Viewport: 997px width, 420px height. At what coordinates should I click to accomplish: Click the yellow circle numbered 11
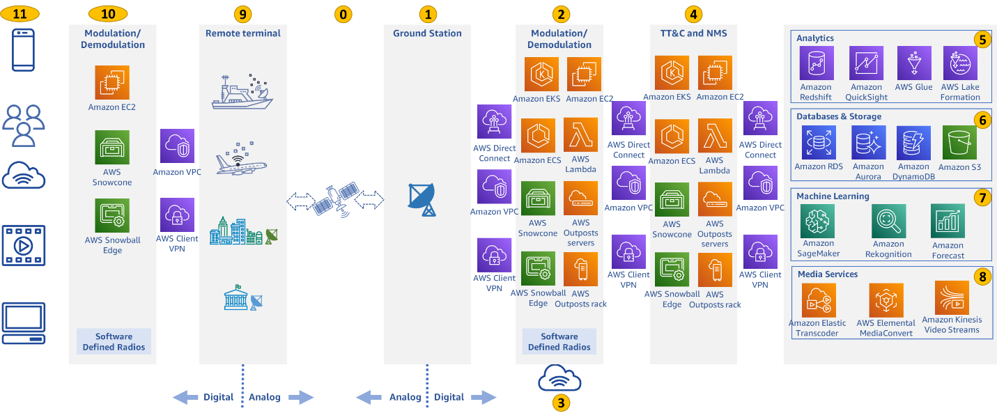coord(24,13)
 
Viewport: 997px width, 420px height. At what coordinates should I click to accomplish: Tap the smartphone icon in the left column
coord(24,49)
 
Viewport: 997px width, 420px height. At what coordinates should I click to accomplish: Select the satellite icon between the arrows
coord(335,200)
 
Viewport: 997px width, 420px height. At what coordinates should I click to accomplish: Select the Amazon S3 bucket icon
coord(959,143)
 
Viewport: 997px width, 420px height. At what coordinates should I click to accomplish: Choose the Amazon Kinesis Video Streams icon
coord(952,298)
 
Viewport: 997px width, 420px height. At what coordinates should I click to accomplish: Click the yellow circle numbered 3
coord(559,402)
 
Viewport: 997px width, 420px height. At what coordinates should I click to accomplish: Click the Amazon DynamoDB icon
coord(913,143)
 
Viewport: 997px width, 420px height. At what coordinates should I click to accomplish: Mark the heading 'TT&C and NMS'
coord(693,33)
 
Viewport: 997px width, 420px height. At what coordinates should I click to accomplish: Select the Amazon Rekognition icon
coord(888,221)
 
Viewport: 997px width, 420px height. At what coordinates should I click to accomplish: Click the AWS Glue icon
coord(914,64)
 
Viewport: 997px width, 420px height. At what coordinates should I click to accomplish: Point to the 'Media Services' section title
coord(827,274)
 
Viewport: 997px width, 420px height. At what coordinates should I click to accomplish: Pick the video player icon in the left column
coord(24,245)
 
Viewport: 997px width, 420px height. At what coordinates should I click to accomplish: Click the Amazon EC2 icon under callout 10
coord(112,83)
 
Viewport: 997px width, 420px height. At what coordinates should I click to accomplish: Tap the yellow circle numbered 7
coord(981,197)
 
